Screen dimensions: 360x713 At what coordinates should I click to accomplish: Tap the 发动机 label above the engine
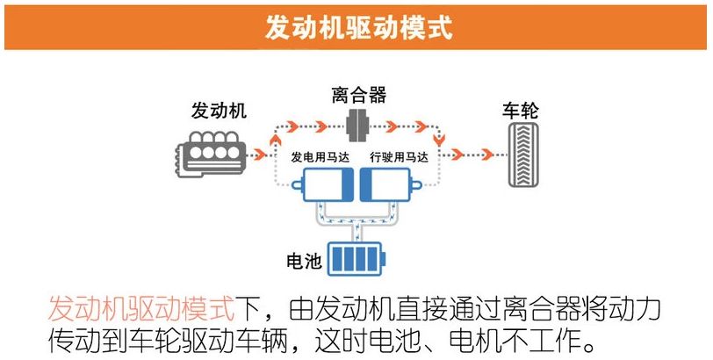[219, 112]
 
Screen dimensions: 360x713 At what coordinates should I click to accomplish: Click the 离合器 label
[358, 95]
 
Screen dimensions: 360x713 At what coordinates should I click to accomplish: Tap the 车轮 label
[520, 112]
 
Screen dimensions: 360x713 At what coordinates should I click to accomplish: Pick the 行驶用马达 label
[399, 158]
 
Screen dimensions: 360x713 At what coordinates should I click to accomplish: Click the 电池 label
[304, 262]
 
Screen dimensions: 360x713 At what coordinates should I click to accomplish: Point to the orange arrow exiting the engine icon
[259, 156]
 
